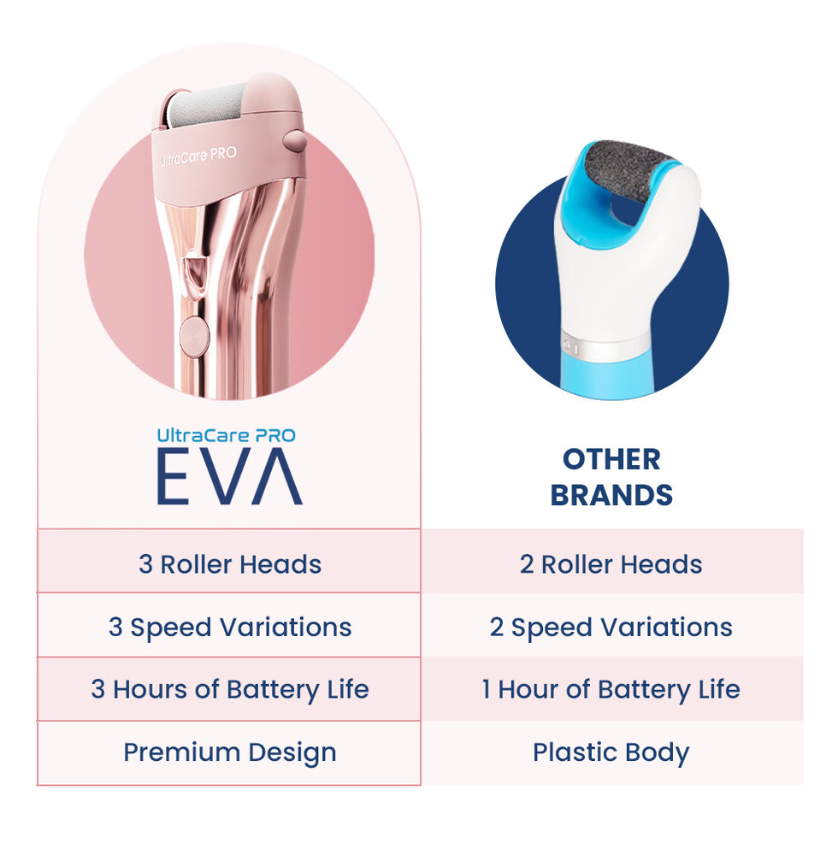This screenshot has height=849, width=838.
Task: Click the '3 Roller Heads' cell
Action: point(230,564)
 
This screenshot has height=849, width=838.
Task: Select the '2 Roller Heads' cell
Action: point(611,564)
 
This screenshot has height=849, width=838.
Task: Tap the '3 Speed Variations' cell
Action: point(230,628)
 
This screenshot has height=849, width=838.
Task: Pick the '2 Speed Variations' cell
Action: point(611,628)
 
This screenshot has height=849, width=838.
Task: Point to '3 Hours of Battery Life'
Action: point(230,690)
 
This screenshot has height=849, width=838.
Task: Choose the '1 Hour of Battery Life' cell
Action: point(611,690)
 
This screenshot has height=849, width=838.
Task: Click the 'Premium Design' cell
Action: point(230,752)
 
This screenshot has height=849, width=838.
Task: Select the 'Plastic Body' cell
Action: point(611,752)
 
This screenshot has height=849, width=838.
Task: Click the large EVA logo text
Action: point(230,477)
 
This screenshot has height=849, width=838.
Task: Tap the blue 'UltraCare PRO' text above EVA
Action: point(227,435)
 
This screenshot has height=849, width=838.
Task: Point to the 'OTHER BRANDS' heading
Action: point(611,478)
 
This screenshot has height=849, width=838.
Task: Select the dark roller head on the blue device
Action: point(629,172)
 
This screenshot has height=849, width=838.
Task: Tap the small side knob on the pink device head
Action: point(294,140)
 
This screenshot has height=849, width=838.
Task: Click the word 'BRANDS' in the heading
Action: point(611,495)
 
